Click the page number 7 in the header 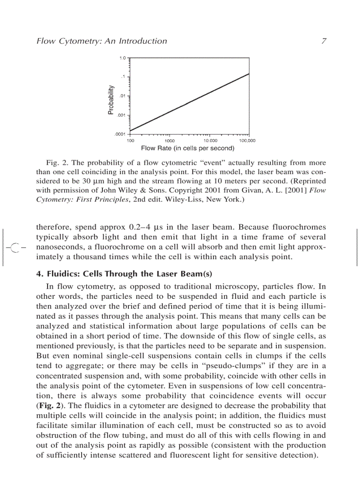[323, 41]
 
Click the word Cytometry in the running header [75, 41]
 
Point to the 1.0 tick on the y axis [123, 57]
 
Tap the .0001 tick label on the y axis [120, 134]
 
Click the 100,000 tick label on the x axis [247, 141]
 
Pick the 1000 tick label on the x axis [169, 141]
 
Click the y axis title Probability [111, 100]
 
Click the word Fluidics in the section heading [59, 273]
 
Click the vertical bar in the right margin [357, 247]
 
